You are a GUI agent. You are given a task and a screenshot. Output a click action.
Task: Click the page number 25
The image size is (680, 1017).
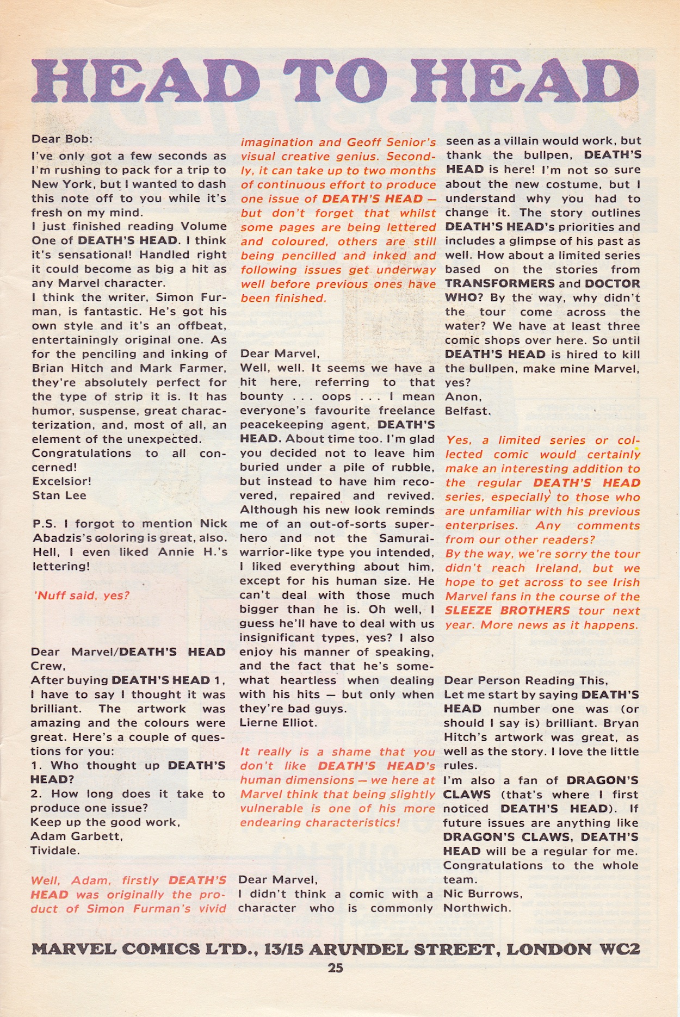pos(335,968)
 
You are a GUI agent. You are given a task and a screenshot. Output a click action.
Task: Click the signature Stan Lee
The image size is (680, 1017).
pos(59,495)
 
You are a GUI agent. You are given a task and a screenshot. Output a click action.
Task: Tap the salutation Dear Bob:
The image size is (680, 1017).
pos(62,139)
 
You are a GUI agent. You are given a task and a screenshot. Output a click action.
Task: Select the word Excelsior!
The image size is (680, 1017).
pos(61,481)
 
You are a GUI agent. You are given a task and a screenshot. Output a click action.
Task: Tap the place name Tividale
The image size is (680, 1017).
pos(55,851)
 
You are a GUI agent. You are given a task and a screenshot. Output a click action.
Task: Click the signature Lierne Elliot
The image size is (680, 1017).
pos(278,723)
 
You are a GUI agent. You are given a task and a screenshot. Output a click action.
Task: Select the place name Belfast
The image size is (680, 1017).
pos(467,411)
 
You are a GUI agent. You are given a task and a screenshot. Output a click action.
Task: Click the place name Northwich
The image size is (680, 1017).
pos(477,908)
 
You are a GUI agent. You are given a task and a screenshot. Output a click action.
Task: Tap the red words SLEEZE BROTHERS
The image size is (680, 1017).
pos(508,611)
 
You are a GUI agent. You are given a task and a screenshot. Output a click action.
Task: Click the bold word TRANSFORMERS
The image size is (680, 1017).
pos(499,284)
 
